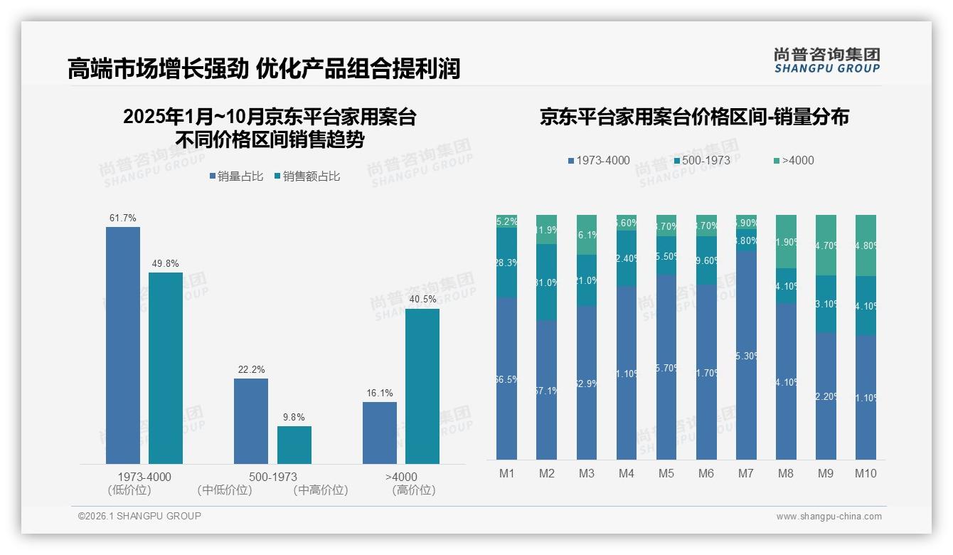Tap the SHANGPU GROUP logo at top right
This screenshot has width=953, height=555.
(826, 60)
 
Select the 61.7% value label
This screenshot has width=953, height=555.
(122, 218)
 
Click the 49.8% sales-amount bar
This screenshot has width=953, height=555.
(165, 368)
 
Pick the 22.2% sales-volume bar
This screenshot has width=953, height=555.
(251, 421)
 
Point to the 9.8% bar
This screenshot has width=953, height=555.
(294, 445)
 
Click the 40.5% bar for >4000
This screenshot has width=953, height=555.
(422, 386)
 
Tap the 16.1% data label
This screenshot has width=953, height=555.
(379, 393)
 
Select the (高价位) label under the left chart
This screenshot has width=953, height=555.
(413, 490)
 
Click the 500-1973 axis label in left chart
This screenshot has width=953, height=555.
(273, 477)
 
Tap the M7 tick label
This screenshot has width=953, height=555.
(746, 474)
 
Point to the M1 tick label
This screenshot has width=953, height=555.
(507, 474)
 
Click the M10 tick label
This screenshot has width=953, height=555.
(866, 474)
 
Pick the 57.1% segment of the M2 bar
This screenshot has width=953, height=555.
(547, 390)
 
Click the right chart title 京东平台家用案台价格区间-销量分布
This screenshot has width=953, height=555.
(694, 117)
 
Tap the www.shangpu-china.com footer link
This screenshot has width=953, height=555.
(829, 517)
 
